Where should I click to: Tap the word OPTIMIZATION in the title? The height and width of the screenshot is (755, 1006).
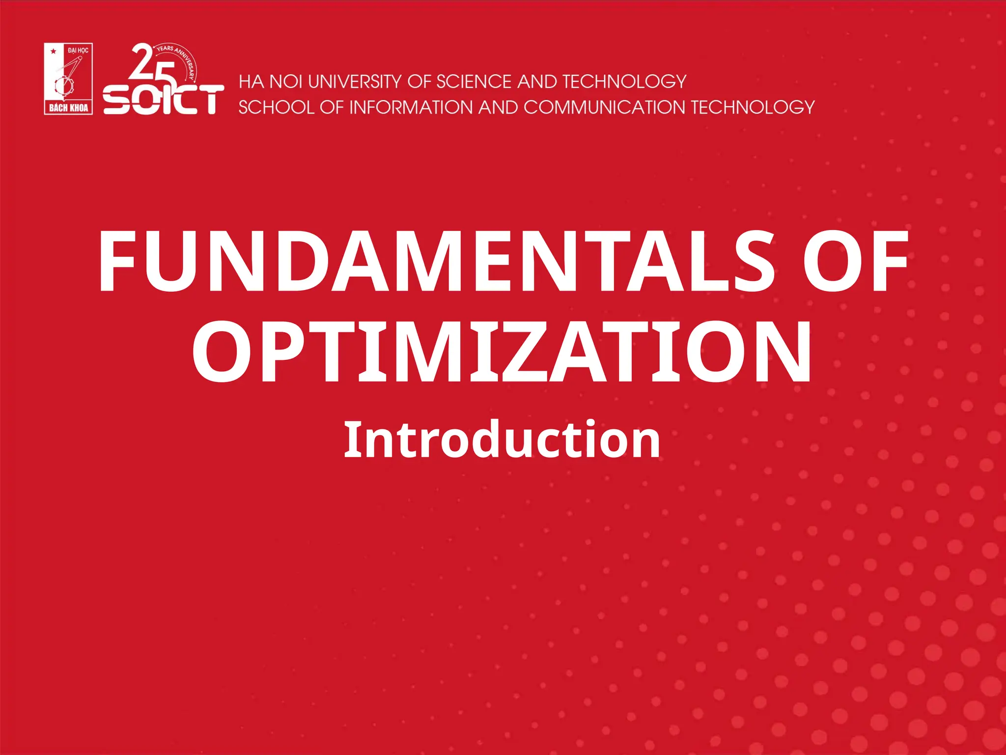502,351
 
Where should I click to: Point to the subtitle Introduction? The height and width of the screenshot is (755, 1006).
502,440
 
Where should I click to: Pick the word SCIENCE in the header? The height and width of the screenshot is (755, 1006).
474,82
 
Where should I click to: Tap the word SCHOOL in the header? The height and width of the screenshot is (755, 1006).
276,107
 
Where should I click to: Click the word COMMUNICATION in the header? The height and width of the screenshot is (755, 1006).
604,107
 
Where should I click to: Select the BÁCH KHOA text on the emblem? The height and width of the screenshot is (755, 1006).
68,108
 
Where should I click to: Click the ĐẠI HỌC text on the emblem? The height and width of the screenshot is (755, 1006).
78,50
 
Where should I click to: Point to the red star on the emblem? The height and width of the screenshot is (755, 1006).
54,51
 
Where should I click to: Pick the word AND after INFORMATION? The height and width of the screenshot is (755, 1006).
498,107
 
